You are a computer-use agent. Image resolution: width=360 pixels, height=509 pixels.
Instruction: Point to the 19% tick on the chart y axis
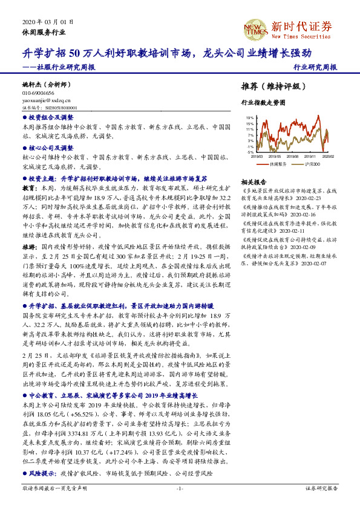click(x=249, y=117)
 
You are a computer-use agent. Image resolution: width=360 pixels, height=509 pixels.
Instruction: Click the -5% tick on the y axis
click(x=249, y=152)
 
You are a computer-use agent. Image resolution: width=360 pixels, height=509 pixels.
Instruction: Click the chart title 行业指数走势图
click(x=263, y=103)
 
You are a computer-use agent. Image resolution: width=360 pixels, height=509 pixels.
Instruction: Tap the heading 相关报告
click(x=253, y=181)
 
